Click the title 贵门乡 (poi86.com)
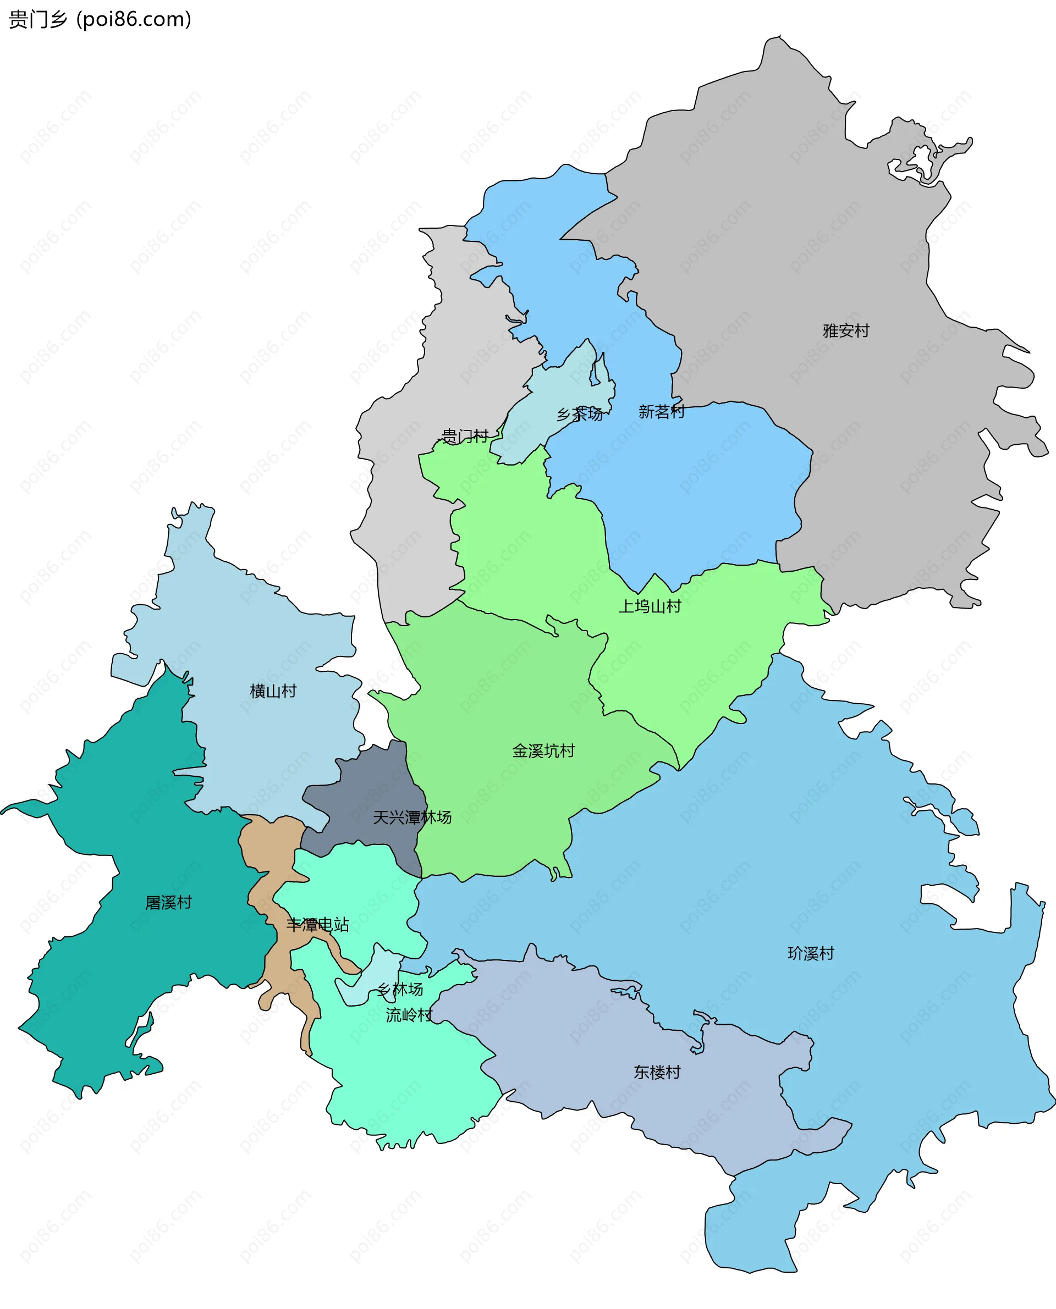[100, 19]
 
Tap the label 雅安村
[845, 331]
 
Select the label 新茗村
[661, 412]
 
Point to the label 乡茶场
[580, 414]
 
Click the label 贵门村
[464, 436]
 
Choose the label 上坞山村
[650, 606]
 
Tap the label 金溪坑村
[543, 751]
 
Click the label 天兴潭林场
[412, 817]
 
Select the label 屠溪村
[168, 902]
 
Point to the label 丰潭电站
[317, 925]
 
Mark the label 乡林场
[400, 989]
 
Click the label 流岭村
[409, 1015]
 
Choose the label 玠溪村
[811, 953]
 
